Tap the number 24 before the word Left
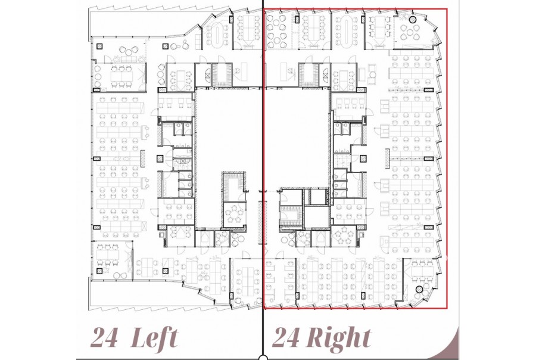(x=105, y=338)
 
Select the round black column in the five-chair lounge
(x=413, y=20)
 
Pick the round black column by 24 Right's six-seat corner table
(x=419, y=290)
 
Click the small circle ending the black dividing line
(x=263, y=358)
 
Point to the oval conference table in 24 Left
(x=218, y=34)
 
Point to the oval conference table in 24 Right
(x=347, y=30)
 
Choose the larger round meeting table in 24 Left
(x=234, y=215)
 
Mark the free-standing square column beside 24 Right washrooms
(x=363, y=159)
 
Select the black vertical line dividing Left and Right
(x=263, y=178)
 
